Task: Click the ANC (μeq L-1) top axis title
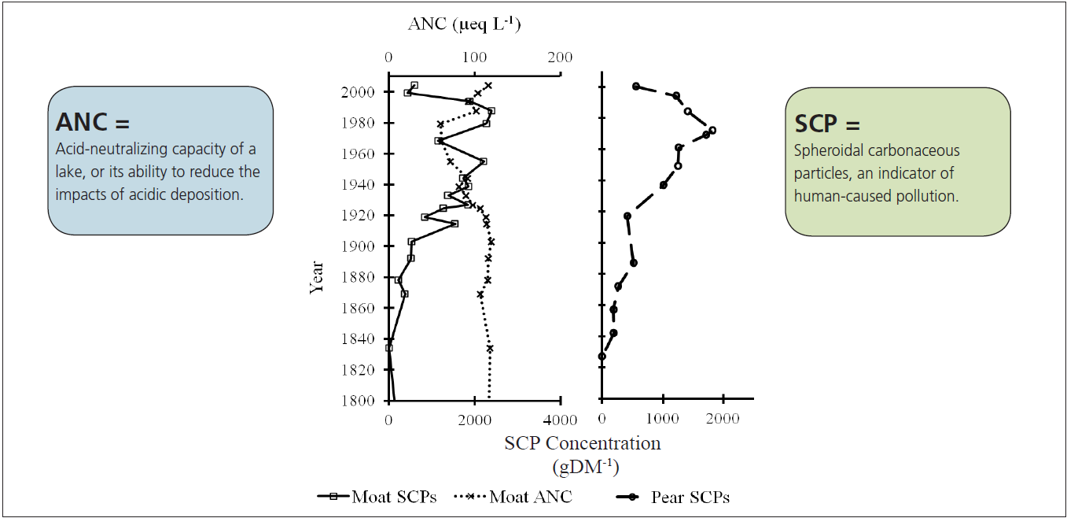464,24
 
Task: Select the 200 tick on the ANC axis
560,57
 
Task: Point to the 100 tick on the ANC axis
474,57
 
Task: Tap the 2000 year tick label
358,92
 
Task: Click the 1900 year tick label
358,246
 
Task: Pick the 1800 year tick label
358,401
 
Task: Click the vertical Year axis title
317,277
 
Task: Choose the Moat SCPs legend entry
377,497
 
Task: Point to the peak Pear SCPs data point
712,130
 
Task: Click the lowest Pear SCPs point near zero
602,356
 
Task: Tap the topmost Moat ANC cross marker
488,85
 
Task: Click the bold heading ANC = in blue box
92,122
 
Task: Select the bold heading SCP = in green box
827,124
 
